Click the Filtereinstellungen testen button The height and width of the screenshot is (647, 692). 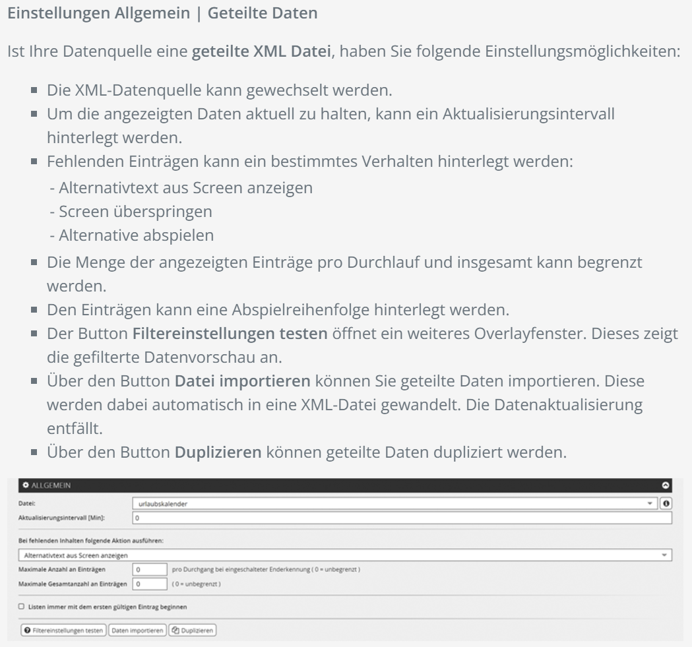63,630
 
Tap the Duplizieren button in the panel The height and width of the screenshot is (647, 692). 193,630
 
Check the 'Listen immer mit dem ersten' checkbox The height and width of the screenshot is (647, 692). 22,606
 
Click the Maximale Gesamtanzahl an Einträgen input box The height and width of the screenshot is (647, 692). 148,584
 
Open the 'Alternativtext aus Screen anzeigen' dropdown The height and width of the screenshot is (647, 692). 343,555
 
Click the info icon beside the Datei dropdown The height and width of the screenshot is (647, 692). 668,503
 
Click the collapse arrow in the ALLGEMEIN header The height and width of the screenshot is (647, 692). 666,485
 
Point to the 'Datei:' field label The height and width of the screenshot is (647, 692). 26,503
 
